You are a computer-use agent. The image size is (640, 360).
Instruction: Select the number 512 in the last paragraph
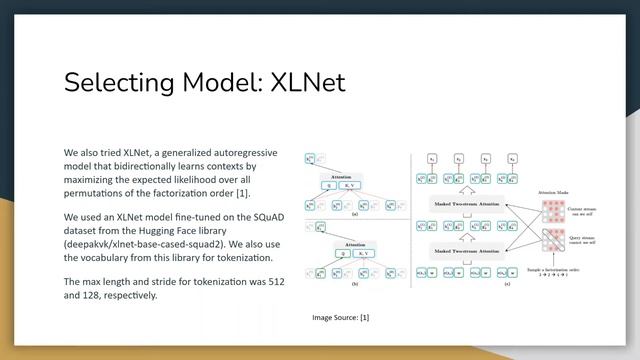(x=275, y=281)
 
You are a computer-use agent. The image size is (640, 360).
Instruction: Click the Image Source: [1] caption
(x=341, y=317)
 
